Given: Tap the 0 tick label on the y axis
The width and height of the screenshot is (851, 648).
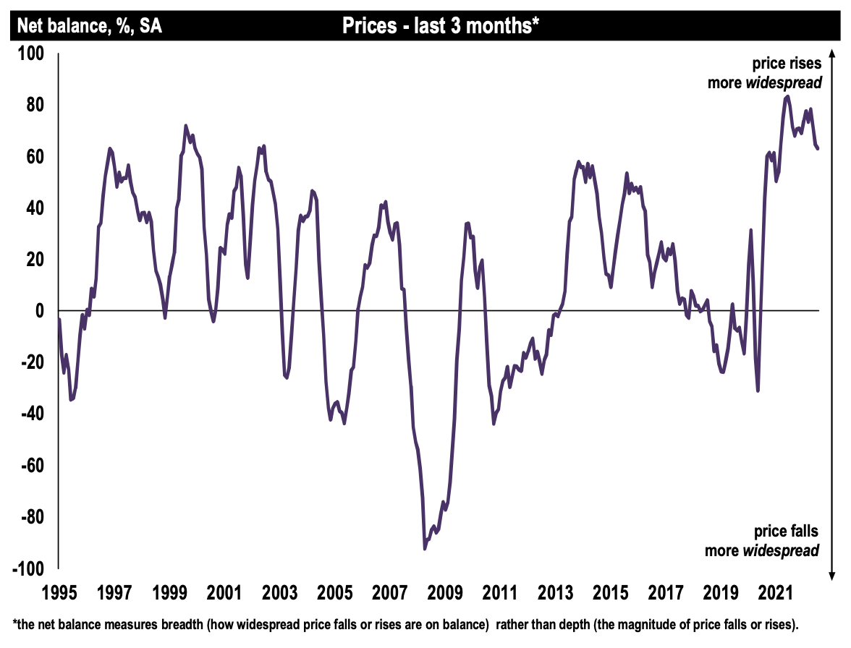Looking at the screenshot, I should (41, 311).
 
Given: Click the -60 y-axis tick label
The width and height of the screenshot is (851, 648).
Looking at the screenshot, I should (33, 466).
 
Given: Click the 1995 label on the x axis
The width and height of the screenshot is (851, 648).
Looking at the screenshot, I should (59, 594).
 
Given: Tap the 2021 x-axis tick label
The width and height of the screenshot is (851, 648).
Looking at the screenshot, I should (774, 594).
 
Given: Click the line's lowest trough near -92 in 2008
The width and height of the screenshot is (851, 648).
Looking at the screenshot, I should (425, 548).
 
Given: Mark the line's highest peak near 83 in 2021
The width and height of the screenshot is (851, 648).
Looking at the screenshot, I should (788, 95).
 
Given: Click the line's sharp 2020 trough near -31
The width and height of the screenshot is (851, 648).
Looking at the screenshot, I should (758, 391).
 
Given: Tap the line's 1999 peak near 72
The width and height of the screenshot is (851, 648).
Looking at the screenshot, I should (186, 126).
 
